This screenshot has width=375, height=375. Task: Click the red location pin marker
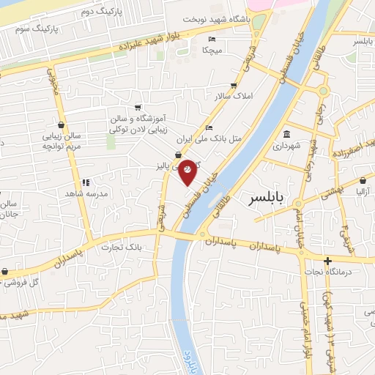point(187,171)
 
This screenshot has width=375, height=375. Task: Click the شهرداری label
point(288,146)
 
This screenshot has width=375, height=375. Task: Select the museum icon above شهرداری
point(286,135)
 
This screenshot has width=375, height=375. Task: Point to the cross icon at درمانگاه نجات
point(327,261)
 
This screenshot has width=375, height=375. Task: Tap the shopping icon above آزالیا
point(364,179)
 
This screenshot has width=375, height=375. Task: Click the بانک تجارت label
point(127,248)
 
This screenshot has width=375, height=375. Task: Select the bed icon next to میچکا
point(212,39)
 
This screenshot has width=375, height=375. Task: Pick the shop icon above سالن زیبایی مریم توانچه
point(60,125)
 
